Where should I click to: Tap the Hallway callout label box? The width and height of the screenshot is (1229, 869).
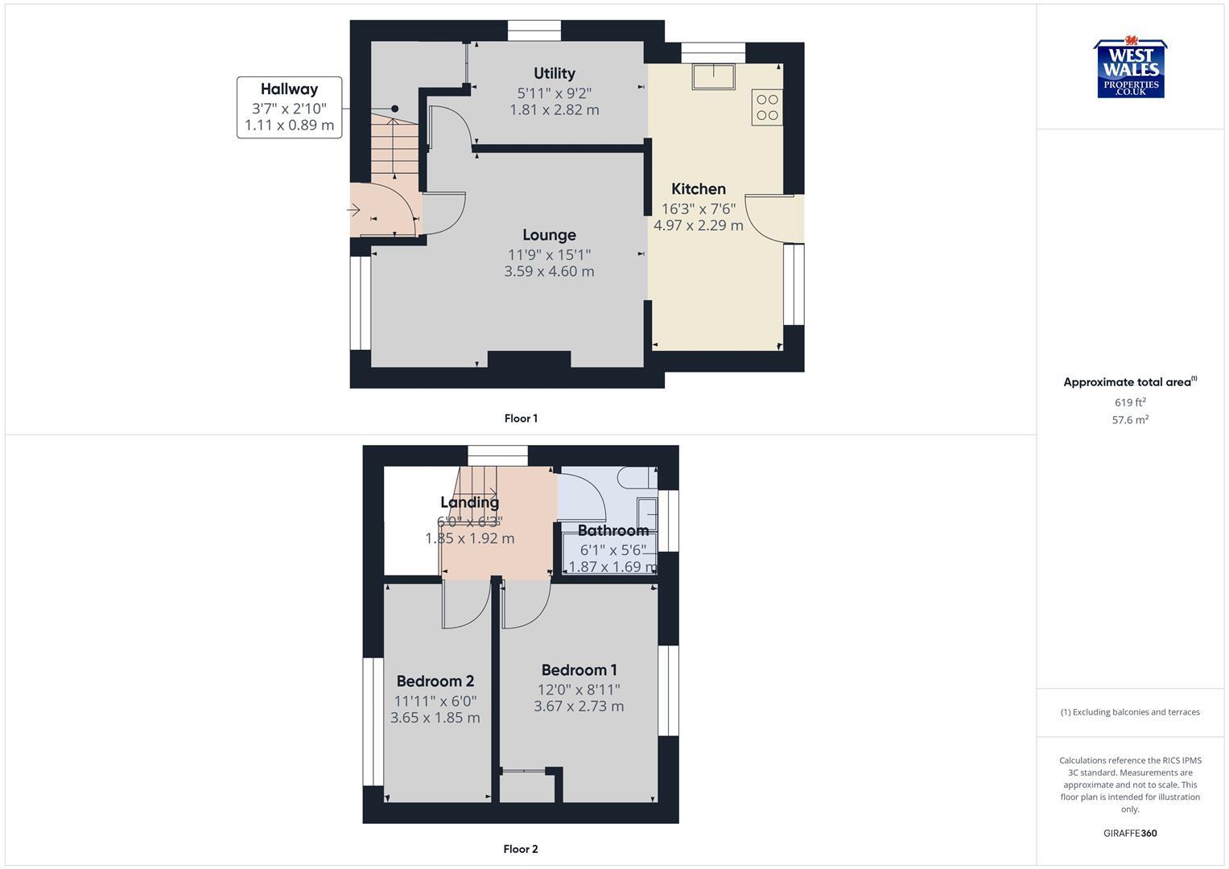tap(289, 107)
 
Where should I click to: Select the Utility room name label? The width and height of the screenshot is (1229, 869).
tap(555, 73)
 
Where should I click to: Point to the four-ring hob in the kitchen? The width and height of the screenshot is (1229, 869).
tap(767, 108)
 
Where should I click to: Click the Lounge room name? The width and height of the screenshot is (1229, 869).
tap(549, 235)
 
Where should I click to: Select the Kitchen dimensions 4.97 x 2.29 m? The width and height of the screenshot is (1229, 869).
tap(698, 225)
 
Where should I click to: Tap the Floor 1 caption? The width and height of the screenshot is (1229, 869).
tap(521, 418)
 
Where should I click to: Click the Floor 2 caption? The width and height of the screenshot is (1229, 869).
tap(521, 849)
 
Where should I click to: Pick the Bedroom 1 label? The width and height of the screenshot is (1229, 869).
tap(579, 670)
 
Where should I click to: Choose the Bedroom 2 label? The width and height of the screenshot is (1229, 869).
tap(435, 681)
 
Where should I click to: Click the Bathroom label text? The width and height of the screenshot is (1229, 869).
tap(612, 530)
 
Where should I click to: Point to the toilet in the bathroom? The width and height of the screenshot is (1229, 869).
tap(636, 479)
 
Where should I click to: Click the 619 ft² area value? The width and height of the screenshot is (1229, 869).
tap(1130, 402)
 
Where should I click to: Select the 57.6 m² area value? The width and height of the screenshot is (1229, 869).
tap(1130, 420)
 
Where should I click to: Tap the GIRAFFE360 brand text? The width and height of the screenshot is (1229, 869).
tap(1130, 834)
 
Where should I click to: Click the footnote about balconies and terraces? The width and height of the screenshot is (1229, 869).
tap(1130, 712)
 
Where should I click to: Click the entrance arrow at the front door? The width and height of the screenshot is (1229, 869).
tap(353, 210)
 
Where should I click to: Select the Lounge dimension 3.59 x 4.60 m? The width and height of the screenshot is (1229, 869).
tap(549, 271)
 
